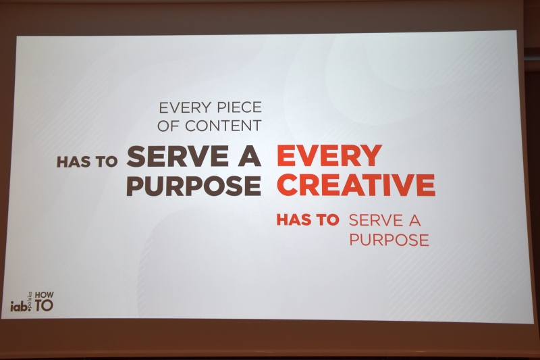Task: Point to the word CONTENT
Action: pos(223,126)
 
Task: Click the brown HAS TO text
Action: pos(87,161)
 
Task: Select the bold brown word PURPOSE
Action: pos(194,185)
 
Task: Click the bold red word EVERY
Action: pos(329,156)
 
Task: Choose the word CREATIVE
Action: pos(356,185)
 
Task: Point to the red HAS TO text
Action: pos(308,220)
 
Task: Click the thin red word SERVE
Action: pos(376,220)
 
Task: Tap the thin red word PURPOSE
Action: pos(389,240)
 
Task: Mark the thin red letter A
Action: pos(415,220)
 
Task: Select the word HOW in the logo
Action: pos(45,295)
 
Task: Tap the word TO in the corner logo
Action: pos(44,305)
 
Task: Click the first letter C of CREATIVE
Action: pos(288,185)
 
